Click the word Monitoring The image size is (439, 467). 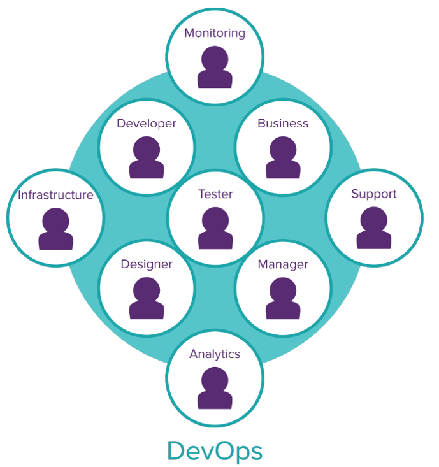215,33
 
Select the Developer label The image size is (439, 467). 147,124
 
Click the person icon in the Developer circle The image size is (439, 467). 147,159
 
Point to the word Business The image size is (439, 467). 283,124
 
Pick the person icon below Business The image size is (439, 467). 283,159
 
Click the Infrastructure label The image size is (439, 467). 55,195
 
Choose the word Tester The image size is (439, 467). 215,194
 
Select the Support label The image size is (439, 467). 374,194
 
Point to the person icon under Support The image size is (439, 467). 374,229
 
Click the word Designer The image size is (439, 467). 147,264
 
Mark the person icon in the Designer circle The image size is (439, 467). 147,300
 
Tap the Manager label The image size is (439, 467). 283,264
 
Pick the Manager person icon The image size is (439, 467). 283,300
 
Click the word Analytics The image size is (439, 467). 215,354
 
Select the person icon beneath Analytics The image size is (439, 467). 215,390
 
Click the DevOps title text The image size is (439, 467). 215,450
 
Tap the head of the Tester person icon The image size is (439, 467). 215,220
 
